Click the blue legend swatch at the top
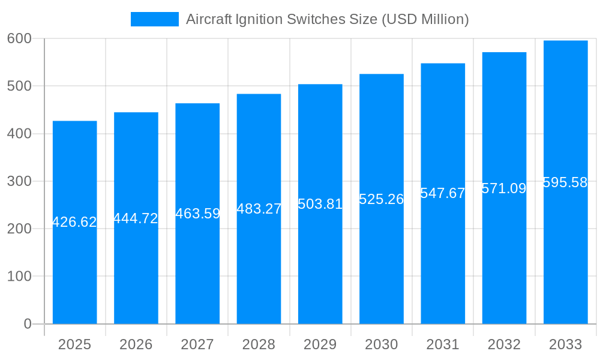154,19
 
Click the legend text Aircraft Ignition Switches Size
327,19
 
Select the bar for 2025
75,270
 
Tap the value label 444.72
136,218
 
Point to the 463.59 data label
197,214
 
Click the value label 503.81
320,204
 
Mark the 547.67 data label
443,193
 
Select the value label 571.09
504,188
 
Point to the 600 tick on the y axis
19,38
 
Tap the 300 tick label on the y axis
19,181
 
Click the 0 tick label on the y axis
27,324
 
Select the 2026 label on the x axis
136,344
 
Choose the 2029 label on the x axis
320,344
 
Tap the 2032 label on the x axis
504,344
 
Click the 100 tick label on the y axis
19,277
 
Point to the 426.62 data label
74,222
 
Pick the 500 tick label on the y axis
19,86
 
